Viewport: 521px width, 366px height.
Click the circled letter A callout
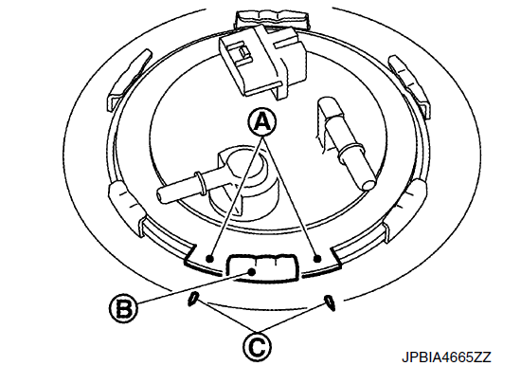coord(262,121)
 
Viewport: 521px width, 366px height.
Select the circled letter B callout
coord(122,308)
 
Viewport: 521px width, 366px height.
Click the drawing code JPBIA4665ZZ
coord(446,357)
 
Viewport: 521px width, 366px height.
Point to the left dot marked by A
coord(209,258)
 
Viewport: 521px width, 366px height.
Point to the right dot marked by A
coord(317,258)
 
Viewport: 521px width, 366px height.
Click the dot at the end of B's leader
coord(252,272)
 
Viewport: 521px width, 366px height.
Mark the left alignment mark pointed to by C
coord(192,299)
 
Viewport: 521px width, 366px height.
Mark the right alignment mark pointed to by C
coord(330,302)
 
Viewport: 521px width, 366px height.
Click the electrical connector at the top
coord(262,63)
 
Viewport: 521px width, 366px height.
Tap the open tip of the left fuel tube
coord(161,194)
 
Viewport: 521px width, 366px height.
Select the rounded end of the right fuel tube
coord(368,184)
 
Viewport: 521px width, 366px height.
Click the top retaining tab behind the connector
coord(272,20)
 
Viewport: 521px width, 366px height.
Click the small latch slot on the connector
coord(244,51)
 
